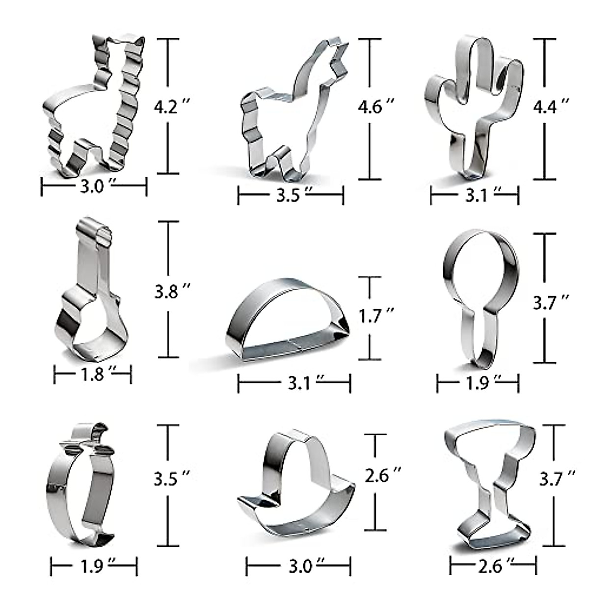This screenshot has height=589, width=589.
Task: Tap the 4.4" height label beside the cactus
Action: click(x=551, y=106)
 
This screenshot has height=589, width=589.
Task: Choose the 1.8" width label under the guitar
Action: click(x=93, y=375)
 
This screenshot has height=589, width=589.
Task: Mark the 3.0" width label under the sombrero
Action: click(x=299, y=566)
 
